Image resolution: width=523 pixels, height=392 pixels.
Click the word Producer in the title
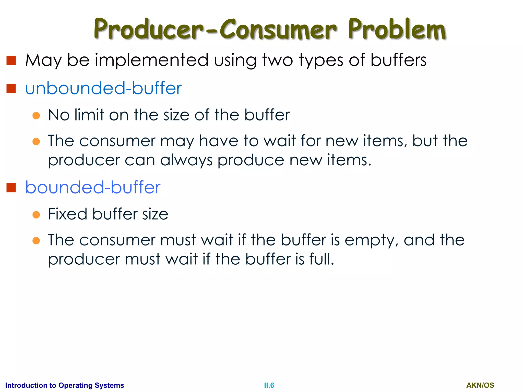(x=148, y=29)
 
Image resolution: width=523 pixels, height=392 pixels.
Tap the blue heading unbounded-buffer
(x=103, y=89)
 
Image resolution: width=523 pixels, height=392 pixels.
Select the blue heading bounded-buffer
(x=93, y=188)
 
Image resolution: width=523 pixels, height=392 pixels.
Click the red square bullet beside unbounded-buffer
(x=11, y=89)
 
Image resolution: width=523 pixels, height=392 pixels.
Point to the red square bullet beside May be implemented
(x=11, y=60)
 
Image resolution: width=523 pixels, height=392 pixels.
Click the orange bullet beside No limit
(x=36, y=116)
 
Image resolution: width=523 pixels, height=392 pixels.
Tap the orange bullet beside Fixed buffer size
(x=36, y=215)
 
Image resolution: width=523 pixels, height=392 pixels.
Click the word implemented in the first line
(x=152, y=60)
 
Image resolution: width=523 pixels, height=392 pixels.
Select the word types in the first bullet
(x=321, y=60)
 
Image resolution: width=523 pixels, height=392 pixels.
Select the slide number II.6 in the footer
(x=269, y=385)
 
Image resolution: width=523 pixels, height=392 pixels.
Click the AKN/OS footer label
(x=480, y=385)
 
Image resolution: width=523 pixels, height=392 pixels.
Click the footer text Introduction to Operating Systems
(x=65, y=385)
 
